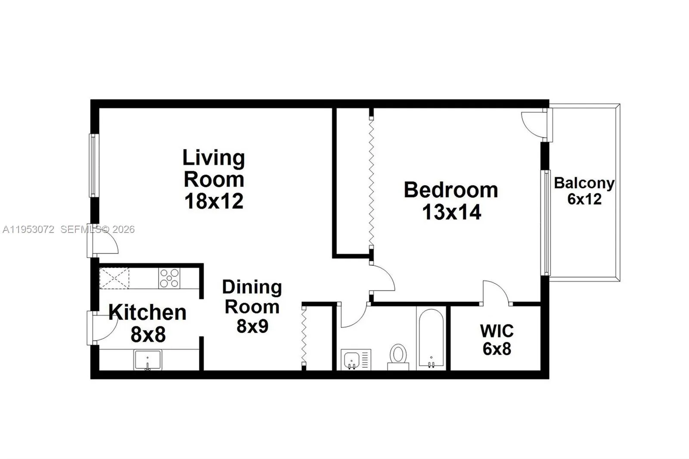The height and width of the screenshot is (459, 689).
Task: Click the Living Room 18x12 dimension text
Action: coord(214,201)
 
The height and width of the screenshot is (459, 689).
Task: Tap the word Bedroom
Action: coord(450,190)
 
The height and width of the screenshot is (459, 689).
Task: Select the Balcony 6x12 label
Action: coord(584,191)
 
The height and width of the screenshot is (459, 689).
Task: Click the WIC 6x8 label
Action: coord(497,340)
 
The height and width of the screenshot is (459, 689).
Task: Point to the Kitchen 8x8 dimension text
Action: coord(148,335)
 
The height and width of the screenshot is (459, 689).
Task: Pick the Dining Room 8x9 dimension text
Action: coord(252,326)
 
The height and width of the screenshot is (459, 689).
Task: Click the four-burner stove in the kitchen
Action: coord(169,278)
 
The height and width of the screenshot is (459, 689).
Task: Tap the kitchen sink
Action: coord(147,360)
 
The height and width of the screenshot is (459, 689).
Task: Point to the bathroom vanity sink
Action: coord(352,359)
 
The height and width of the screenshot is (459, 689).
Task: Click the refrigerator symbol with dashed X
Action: coord(114,278)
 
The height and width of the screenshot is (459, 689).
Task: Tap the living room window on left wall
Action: coord(93,166)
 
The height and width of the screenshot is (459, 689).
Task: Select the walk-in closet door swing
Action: coord(495,293)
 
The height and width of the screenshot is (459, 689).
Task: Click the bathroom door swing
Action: coord(352,316)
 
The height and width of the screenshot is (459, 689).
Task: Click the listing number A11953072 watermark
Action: coord(28,229)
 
